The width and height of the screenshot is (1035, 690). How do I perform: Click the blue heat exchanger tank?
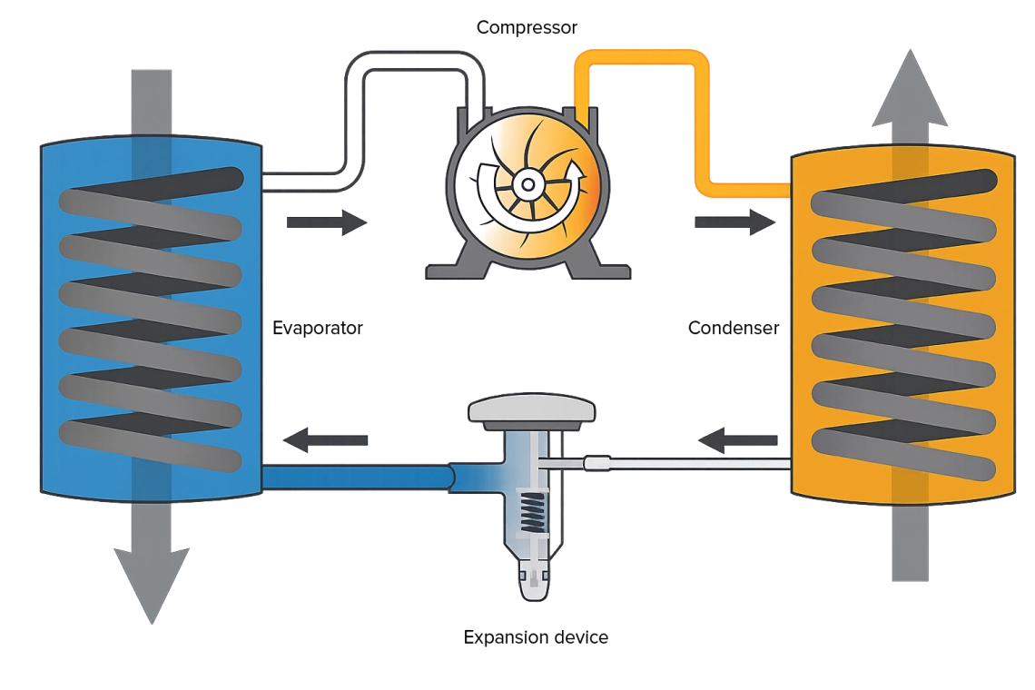150,318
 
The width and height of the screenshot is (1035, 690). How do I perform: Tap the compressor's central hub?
525,184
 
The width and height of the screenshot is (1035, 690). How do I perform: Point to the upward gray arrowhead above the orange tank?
909,91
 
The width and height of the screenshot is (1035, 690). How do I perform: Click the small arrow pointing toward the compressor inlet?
327,222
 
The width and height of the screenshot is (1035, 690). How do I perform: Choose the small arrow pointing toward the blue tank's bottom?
328,440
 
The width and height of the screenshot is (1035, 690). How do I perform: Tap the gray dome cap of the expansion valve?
532,410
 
